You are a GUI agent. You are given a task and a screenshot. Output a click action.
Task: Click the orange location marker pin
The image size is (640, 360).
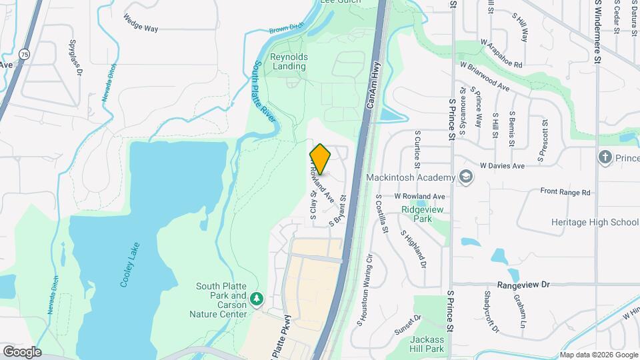click(x=320, y=159)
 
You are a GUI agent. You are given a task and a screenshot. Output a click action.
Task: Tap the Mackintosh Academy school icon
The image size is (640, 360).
click(x=465, y=177)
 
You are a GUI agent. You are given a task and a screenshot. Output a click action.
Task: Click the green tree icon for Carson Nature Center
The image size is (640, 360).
click(x=257, y=298)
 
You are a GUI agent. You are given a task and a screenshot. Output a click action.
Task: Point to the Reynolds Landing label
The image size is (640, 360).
click(x=288, y=62)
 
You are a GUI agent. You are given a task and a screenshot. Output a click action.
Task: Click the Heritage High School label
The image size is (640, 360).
click(x=595, y=222)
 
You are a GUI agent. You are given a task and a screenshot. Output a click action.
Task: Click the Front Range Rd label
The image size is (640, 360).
click(x=565, y=192)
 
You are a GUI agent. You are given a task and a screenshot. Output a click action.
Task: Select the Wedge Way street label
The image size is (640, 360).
click(x=140, y=21)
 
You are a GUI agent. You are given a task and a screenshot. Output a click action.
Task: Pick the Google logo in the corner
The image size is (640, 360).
click(x=21, y=352)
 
